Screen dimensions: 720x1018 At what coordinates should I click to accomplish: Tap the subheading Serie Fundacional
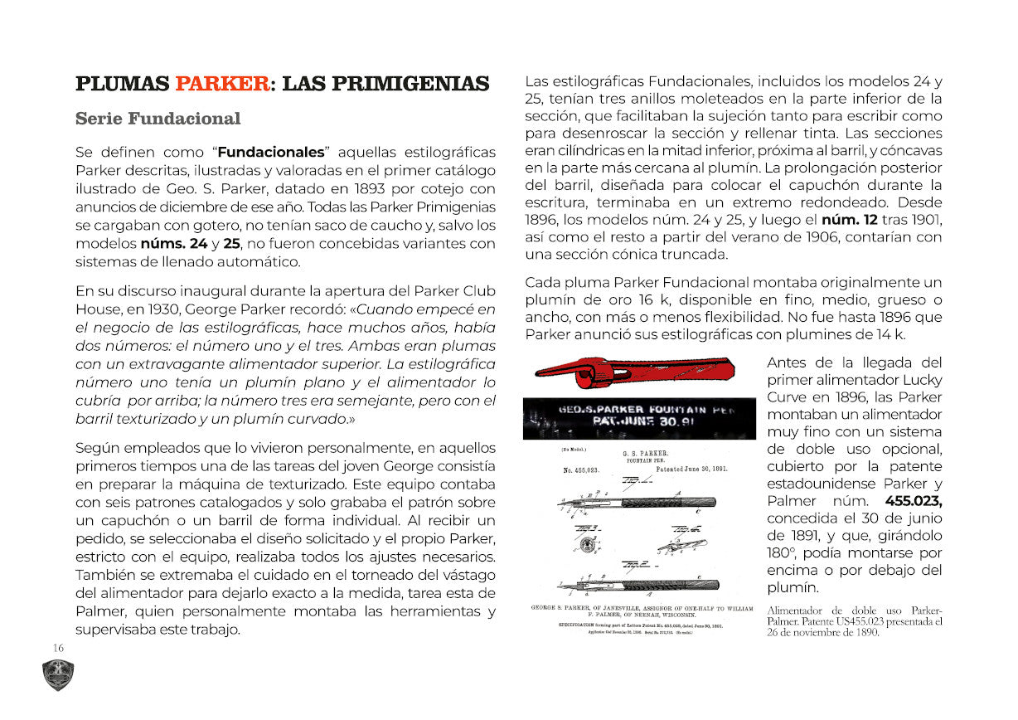coord(158,119)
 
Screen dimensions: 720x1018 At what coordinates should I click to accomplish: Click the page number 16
coord(58,648)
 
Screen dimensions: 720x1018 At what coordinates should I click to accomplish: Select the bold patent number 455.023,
coord(914,501)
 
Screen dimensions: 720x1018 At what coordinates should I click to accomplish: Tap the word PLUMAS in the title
coord(122,84)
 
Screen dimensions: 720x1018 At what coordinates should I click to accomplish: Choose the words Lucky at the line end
coord(922,380)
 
